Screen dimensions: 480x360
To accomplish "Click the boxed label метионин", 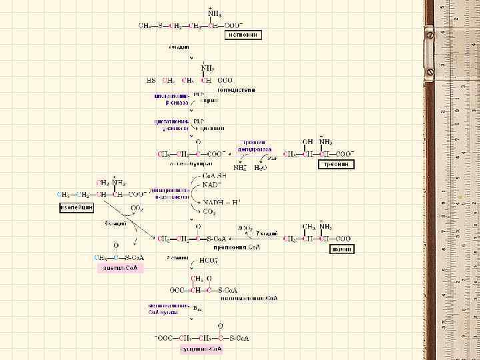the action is click(243, 35).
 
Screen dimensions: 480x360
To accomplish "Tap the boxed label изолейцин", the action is click(75, 207).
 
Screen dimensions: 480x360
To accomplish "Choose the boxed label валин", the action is click(343, 249).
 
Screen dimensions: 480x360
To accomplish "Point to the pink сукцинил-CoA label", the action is click(201, 349).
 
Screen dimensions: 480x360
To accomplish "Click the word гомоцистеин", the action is click(237, 89).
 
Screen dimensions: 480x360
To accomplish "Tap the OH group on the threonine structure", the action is click(307, 141).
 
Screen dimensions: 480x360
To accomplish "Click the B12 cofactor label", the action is click(197, 308).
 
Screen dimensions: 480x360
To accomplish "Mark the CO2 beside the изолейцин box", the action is click(136, 209).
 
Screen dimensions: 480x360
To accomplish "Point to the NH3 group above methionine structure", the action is click(214, 13).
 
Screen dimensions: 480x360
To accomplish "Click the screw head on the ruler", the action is click(430, 71).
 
